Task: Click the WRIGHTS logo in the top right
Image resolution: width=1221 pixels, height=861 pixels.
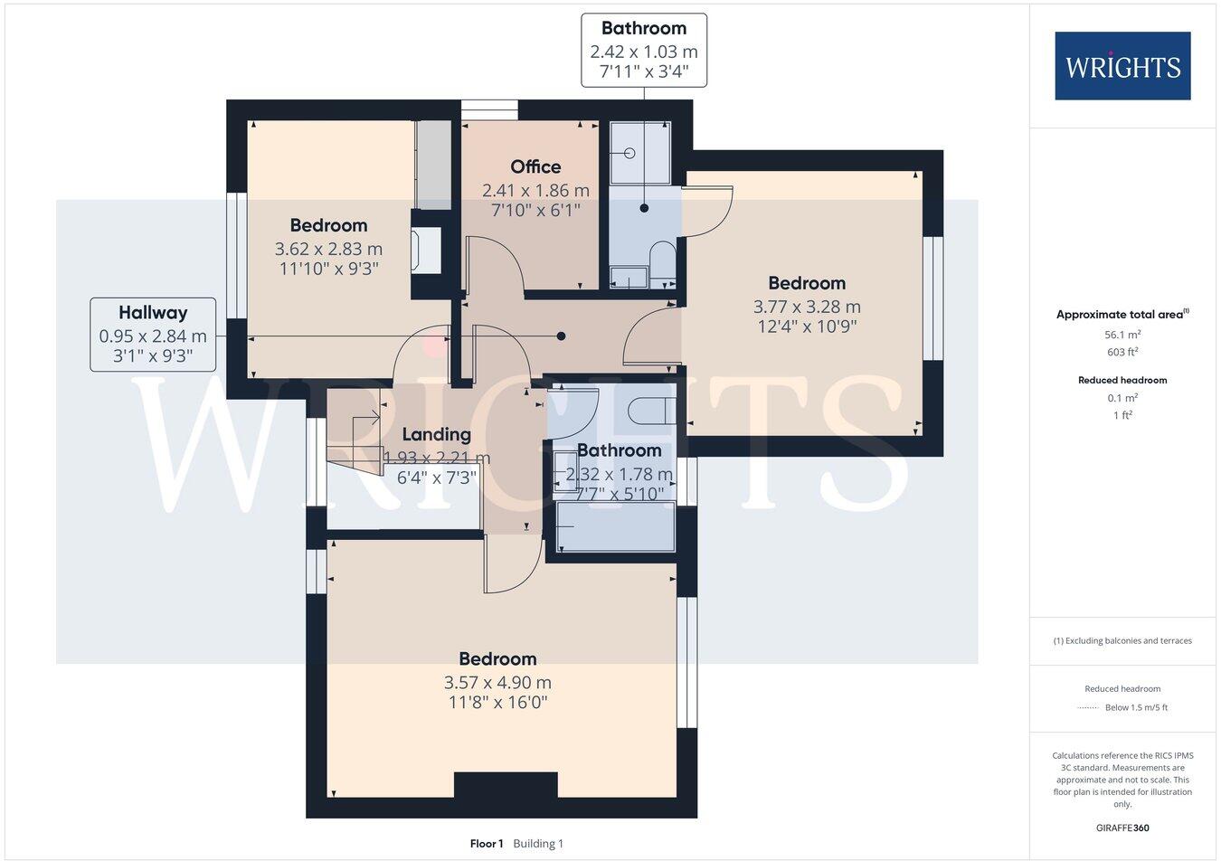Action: click(x=1122, y=66)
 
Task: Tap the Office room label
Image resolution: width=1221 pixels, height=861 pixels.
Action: click(x=535, y=166)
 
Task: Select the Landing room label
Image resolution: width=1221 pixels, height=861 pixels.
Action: click(x=436, y=434)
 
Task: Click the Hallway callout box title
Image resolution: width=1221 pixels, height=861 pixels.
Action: click(x=153, y=313)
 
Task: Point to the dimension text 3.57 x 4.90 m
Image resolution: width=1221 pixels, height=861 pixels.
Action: click(x=497, y=683)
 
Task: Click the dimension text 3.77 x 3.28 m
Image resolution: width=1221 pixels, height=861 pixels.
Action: click(x=807, y=307)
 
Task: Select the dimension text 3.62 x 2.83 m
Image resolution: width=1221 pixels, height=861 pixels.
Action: click(x=328, y=249)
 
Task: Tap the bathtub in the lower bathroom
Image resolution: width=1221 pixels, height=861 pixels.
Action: click(x=616, y=526)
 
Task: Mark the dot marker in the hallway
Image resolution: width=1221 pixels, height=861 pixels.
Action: click(x=562, y=336)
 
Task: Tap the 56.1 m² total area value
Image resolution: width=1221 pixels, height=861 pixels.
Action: click(x=1122, y=334)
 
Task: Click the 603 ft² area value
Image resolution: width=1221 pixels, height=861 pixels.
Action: click(x=1122, y=353)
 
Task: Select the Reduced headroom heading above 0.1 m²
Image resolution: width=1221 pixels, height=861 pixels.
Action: click(x=1122, y=381)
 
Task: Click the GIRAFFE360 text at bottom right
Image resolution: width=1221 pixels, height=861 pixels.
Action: click(x=1122, y=828)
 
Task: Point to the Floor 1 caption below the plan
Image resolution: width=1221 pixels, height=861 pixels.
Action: click(x=487, y=844)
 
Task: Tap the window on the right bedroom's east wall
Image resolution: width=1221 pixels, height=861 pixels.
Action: click(x=933, y=298)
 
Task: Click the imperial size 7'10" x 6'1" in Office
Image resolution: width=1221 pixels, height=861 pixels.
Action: click(x=535, y=211)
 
